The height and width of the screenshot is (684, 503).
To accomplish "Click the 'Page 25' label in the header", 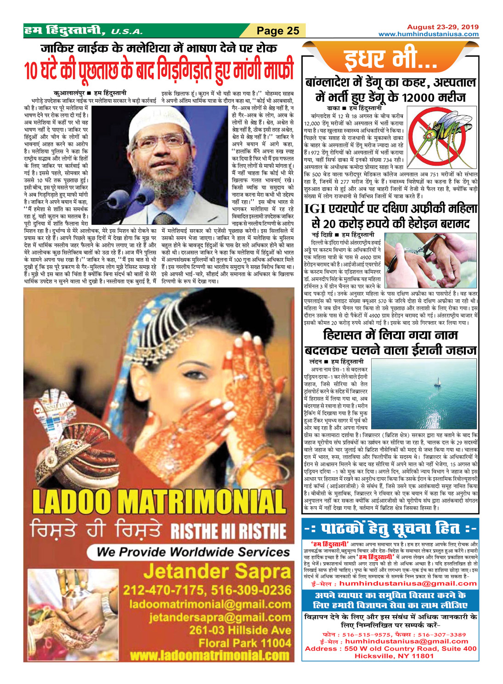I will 278,31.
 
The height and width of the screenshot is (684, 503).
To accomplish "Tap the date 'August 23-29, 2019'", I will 442,27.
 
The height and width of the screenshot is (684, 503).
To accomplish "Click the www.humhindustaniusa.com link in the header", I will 428,34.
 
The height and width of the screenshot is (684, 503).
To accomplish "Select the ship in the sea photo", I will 438,383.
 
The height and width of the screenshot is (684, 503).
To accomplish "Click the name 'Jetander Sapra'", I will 217,572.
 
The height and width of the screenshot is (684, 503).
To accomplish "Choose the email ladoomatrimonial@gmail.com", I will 210,604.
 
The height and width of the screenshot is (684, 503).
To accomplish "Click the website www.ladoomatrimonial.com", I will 209,655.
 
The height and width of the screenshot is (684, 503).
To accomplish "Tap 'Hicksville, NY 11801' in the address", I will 394,656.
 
